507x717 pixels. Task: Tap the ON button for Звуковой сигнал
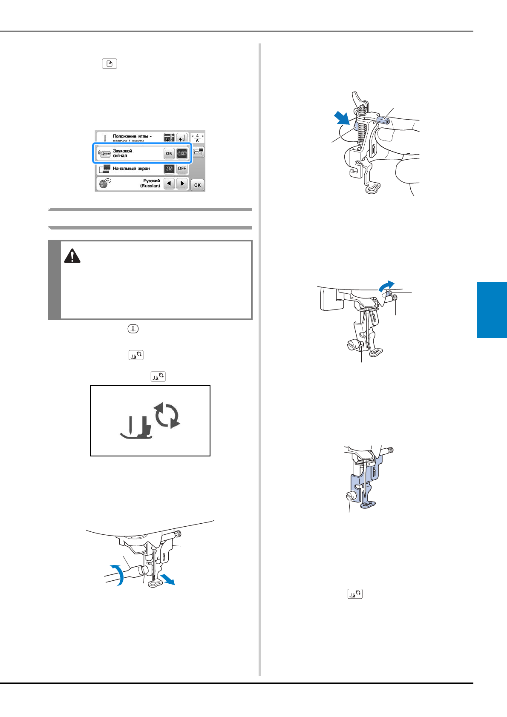click(x=169, y=154)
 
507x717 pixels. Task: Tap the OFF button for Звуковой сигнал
click(x=182, y=154)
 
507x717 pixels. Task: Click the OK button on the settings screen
click(x=197, y=185)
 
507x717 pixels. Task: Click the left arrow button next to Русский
click(x=169, y=184)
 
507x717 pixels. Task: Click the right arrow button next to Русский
click(x=182, y=184)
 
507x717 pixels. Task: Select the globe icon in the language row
click(x=104, y=183)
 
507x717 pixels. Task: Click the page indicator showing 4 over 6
click(x=197, y=138)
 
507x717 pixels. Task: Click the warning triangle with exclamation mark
click(x=72, y=256)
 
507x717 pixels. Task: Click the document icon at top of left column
click(x=109, y=64)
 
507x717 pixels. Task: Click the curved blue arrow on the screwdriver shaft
click(x=118, y=575)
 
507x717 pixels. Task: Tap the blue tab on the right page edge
click(x=492, y=310)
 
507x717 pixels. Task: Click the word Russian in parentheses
click(x=150, y=186)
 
